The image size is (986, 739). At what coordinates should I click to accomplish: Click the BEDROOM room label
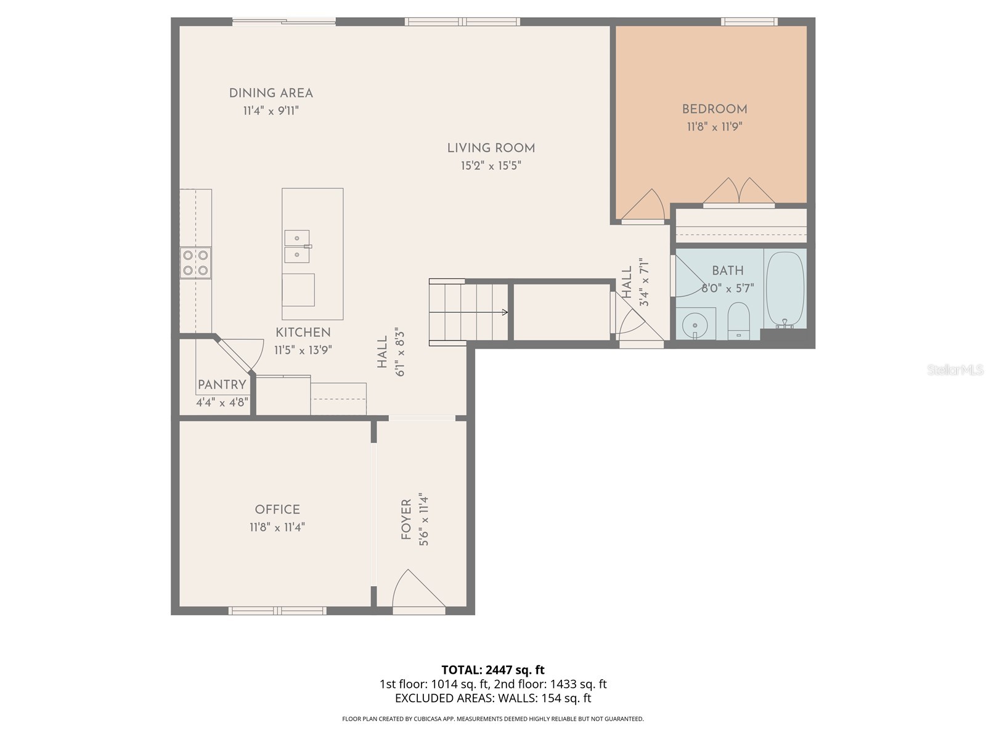click(x=714, y=110)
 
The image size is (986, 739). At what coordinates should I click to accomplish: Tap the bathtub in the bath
click(x=784, y=290)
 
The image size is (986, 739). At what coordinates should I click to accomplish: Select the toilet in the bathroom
click(x=738, y=320)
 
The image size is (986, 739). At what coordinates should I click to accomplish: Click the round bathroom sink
click(x=696, y=323)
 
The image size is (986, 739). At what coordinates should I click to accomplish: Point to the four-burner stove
click(x=196, y=262)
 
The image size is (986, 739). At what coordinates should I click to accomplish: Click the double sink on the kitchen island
click(x=297, y=246)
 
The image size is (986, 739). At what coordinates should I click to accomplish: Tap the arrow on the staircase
click(x=505, y=312)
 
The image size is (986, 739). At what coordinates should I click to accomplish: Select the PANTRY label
click(x=222, y=385)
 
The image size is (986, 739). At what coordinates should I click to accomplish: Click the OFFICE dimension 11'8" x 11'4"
click(x=277, y=527)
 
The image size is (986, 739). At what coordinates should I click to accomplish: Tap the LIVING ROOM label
click(x=491, y=148)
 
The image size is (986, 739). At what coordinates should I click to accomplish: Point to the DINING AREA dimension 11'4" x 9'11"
click(x=271, y=111)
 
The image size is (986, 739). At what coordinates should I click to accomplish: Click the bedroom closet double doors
click(x=739, y=192)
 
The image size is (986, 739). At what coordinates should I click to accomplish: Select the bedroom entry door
click(x=643, y=206)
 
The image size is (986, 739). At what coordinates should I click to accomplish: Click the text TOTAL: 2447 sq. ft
click(x=493, y=670)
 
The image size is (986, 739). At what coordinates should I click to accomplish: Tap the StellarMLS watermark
click(x=956, y=370)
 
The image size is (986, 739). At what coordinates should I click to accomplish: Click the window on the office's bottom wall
click(x=277, y=610)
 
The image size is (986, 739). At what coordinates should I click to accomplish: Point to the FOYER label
click(x=406, y=520)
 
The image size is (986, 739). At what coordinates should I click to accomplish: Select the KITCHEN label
click(x=303, y=333)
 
